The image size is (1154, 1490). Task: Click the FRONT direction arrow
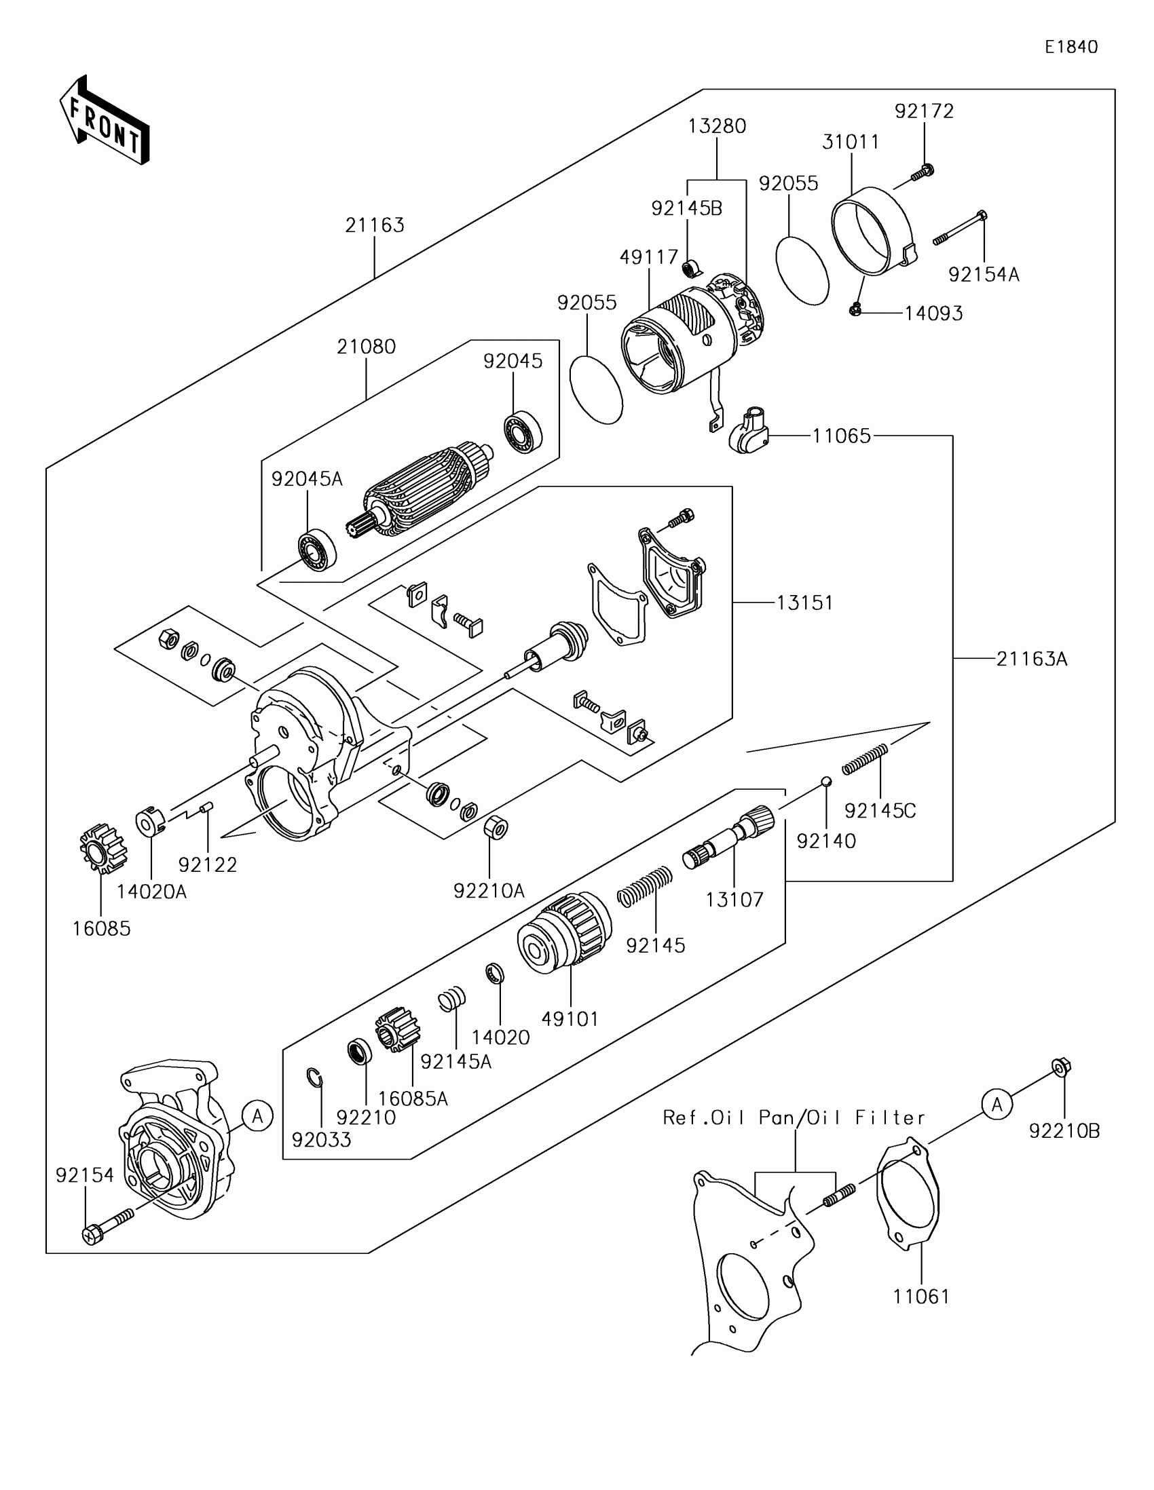pyautogui.click(x=105, y=121)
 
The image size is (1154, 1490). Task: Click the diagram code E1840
pyautogui.click(x=1071, y=46)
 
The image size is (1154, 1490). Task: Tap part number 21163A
pyautogui.click(x=1031, y=659)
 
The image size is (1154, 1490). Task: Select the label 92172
pyautogui.click(x=924, y=111)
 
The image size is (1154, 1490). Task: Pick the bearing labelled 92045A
pyautogui.click(x=317, y=550)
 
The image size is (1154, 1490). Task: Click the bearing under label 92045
pyautogui.click(x=523, y=431)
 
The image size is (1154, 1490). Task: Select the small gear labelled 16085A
pyautogui.click(x=397, y=1029)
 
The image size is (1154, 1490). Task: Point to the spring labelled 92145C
pyautogui.click(x=865, y=759)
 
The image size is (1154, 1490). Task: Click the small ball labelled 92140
pyautogui.click(x=825, y=781)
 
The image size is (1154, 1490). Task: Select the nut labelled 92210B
pyautogui.click(x=1060, y=1068)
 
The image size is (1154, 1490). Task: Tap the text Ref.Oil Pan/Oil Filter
pyautogui.click(x=794, y=1117)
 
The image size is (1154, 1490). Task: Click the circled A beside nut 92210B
pyautogui.click(x=997, y=1104)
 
